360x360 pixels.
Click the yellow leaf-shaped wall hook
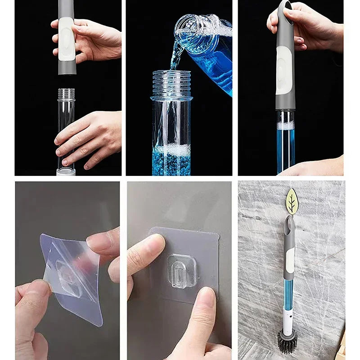[x=292, y=201]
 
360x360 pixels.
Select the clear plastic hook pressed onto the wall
[x=181, y=270]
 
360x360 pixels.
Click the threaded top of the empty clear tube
[x=67, y=94]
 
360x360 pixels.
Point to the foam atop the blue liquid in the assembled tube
[x=285, y=125]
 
